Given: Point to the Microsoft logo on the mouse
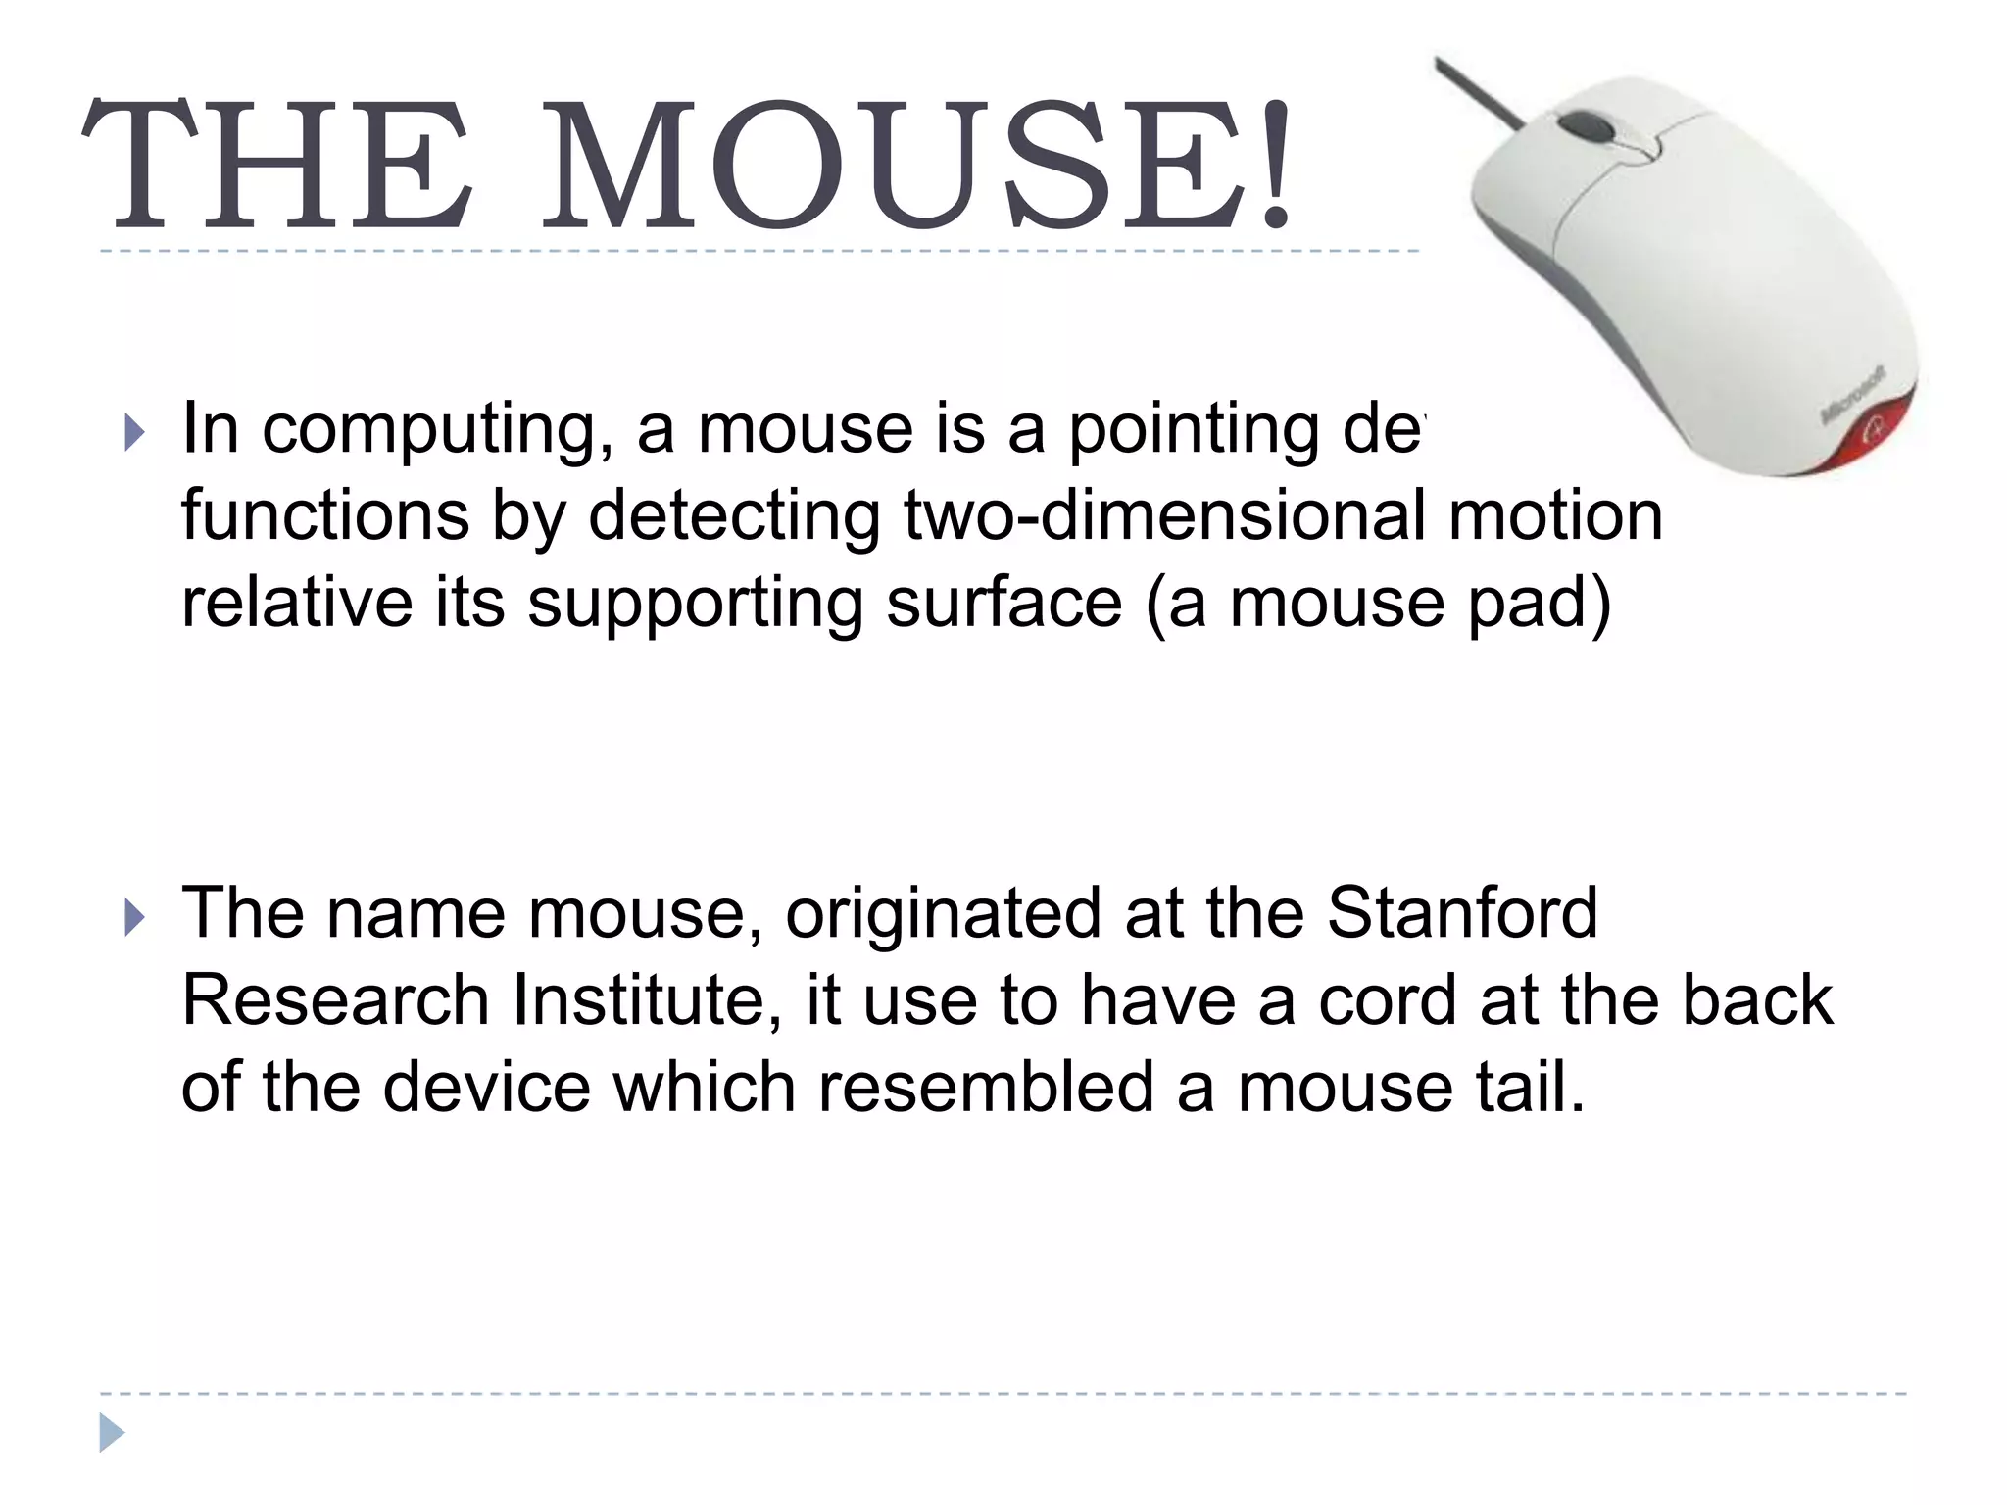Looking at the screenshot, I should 1852,397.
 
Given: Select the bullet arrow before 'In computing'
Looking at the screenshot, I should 135,432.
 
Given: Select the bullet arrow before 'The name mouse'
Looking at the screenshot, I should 135,918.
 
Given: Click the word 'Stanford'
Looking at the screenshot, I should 1461,913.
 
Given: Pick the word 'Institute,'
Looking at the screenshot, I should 648,1000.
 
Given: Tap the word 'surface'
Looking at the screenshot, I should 1003,604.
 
